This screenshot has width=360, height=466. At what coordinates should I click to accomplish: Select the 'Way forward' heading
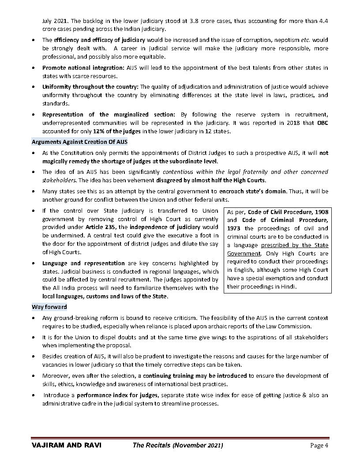click(49, 307)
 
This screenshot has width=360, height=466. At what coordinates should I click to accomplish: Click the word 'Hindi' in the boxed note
click(288, 286)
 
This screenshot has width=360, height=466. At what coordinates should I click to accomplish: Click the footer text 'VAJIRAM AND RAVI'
click(67, 445)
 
